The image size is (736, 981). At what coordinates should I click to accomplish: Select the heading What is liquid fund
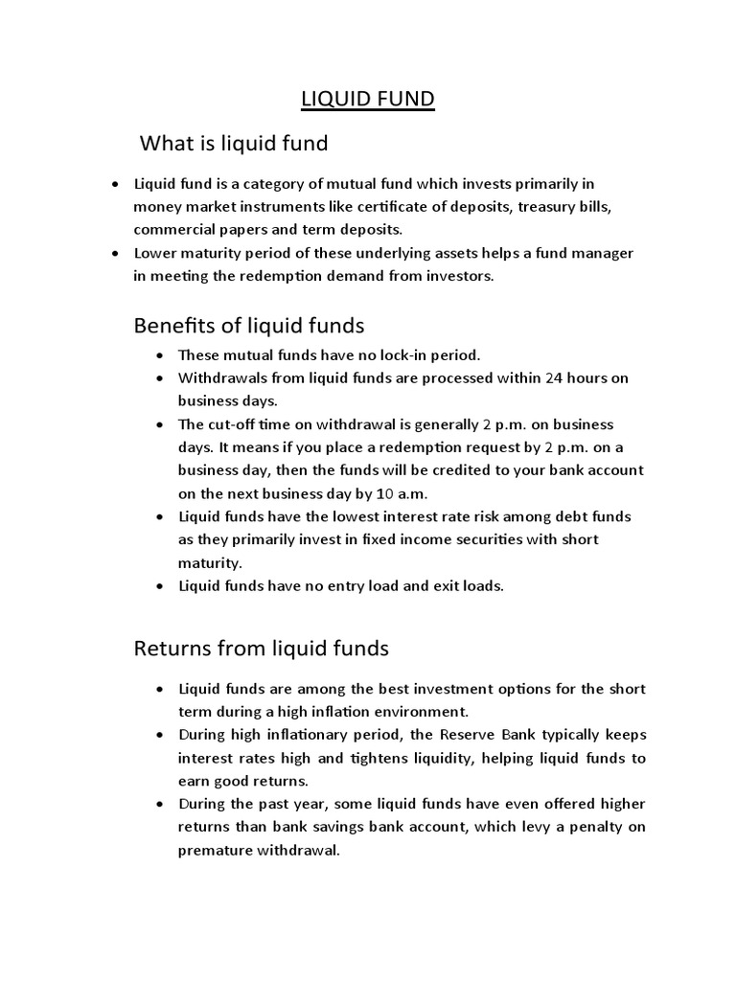pyautogui.click(x=234, y=144)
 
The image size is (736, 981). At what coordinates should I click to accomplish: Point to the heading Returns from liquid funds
pyautogui.click(x=260, y=649)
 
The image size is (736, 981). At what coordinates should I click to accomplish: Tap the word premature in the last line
pyautogui.click(x=217, y=850)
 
